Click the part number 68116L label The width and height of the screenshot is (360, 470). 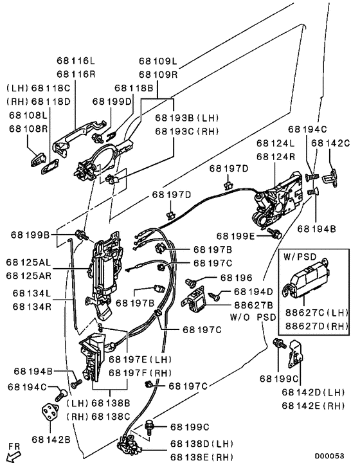click(76, 61)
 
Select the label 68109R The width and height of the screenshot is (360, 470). click(158, 75)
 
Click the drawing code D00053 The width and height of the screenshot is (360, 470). click(329, 456)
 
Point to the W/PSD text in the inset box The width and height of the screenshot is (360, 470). click(300, 257)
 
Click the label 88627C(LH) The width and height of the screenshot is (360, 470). click(316, 312)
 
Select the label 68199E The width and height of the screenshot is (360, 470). click(235, 236)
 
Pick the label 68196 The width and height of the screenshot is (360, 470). click(236, 278)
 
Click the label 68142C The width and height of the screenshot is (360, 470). click(330, 143)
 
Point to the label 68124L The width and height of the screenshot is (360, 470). click(276, 143)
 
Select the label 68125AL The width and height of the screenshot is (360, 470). click(28, 262)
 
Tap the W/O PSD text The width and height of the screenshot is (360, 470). click(253, 317)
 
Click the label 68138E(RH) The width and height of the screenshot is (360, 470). click(202, 457)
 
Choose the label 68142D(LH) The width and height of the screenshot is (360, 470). click(313, 392)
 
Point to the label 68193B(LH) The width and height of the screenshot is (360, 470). click(186, 118)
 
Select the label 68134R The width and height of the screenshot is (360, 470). click(32, 307)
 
